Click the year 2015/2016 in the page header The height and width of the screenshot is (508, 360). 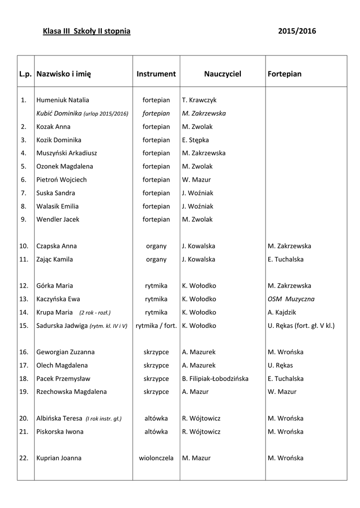(297, 31)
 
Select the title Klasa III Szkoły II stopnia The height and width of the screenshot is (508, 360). (87, 31)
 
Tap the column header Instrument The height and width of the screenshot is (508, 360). (156, 74)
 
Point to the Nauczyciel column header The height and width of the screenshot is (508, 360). (222, 74)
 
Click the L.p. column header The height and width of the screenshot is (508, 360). (25, 74)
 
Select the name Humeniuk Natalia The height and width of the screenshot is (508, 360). (63, 100)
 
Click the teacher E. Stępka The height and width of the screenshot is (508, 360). (196, 140)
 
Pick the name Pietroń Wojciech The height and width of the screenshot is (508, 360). (61, 180)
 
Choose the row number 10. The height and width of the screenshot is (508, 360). (24, 246)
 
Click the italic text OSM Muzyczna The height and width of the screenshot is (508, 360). (291, 299)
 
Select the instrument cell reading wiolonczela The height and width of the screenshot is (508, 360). (156, 458)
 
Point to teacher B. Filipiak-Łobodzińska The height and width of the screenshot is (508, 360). (215, 379)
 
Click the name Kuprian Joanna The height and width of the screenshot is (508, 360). (59, 458)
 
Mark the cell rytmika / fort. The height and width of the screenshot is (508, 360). (156, 326)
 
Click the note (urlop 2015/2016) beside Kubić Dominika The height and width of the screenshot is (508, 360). (106, 114)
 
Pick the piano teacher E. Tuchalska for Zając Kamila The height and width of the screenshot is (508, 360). (286, 259)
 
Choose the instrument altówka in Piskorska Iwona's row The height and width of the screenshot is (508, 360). (156, 432)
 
